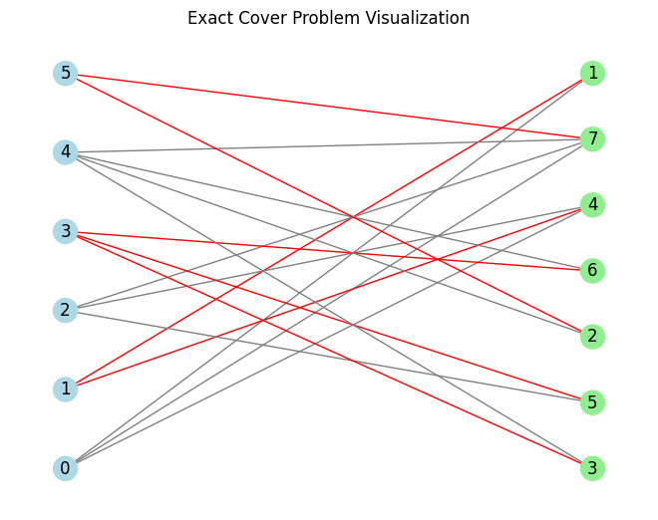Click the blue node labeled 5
click(x=65, y=73)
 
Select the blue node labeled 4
click(x=65, y=152)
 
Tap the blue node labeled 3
click(x=65, y=231)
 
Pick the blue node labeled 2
click(x=65, y=310)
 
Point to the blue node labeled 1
click(x=65, y=389)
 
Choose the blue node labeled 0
click(x=65, y=468)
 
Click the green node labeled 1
click(x=592, y=73)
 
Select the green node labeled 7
click(x=592, y=138)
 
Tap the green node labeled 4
click(x=592, y=204)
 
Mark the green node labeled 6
click(x=592, y=270)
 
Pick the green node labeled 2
click(x=592, y=336)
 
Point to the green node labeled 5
click(x=592, y=402)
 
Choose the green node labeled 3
click(x=592, y=468)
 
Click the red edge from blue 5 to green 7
click(x=329, y=106)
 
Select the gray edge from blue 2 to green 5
click(x=329, y=356)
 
